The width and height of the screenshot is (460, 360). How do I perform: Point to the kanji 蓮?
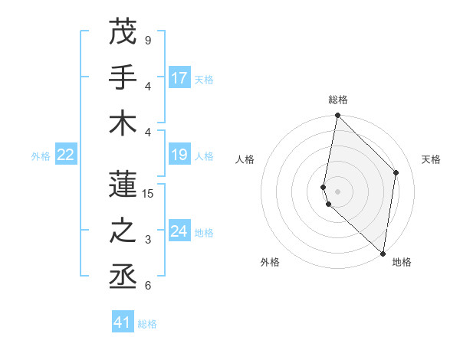tap(123, 184)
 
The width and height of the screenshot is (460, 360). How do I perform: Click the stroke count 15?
tap(149, 194)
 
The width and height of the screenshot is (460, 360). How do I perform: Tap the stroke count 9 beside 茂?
tap(148, 41)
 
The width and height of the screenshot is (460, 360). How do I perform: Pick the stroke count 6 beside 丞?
tap(148, 286)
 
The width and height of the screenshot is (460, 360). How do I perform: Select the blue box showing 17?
tap(179, 78)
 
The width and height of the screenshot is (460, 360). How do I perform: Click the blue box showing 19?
tap(179, 155)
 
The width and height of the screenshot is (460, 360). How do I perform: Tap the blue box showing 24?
tap(179, 231)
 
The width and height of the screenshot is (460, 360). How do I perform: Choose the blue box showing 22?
tap(66, 155)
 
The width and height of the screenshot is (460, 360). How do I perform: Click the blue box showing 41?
tap(123, 322)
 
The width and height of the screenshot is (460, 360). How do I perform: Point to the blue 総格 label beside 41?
tap(147, 324)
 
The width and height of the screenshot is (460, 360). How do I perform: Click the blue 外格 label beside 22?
tap(41, 156)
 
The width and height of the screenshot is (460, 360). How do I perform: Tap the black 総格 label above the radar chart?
tap(338, 100)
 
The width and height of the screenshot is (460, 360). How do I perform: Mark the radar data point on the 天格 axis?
tap(396, 172)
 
